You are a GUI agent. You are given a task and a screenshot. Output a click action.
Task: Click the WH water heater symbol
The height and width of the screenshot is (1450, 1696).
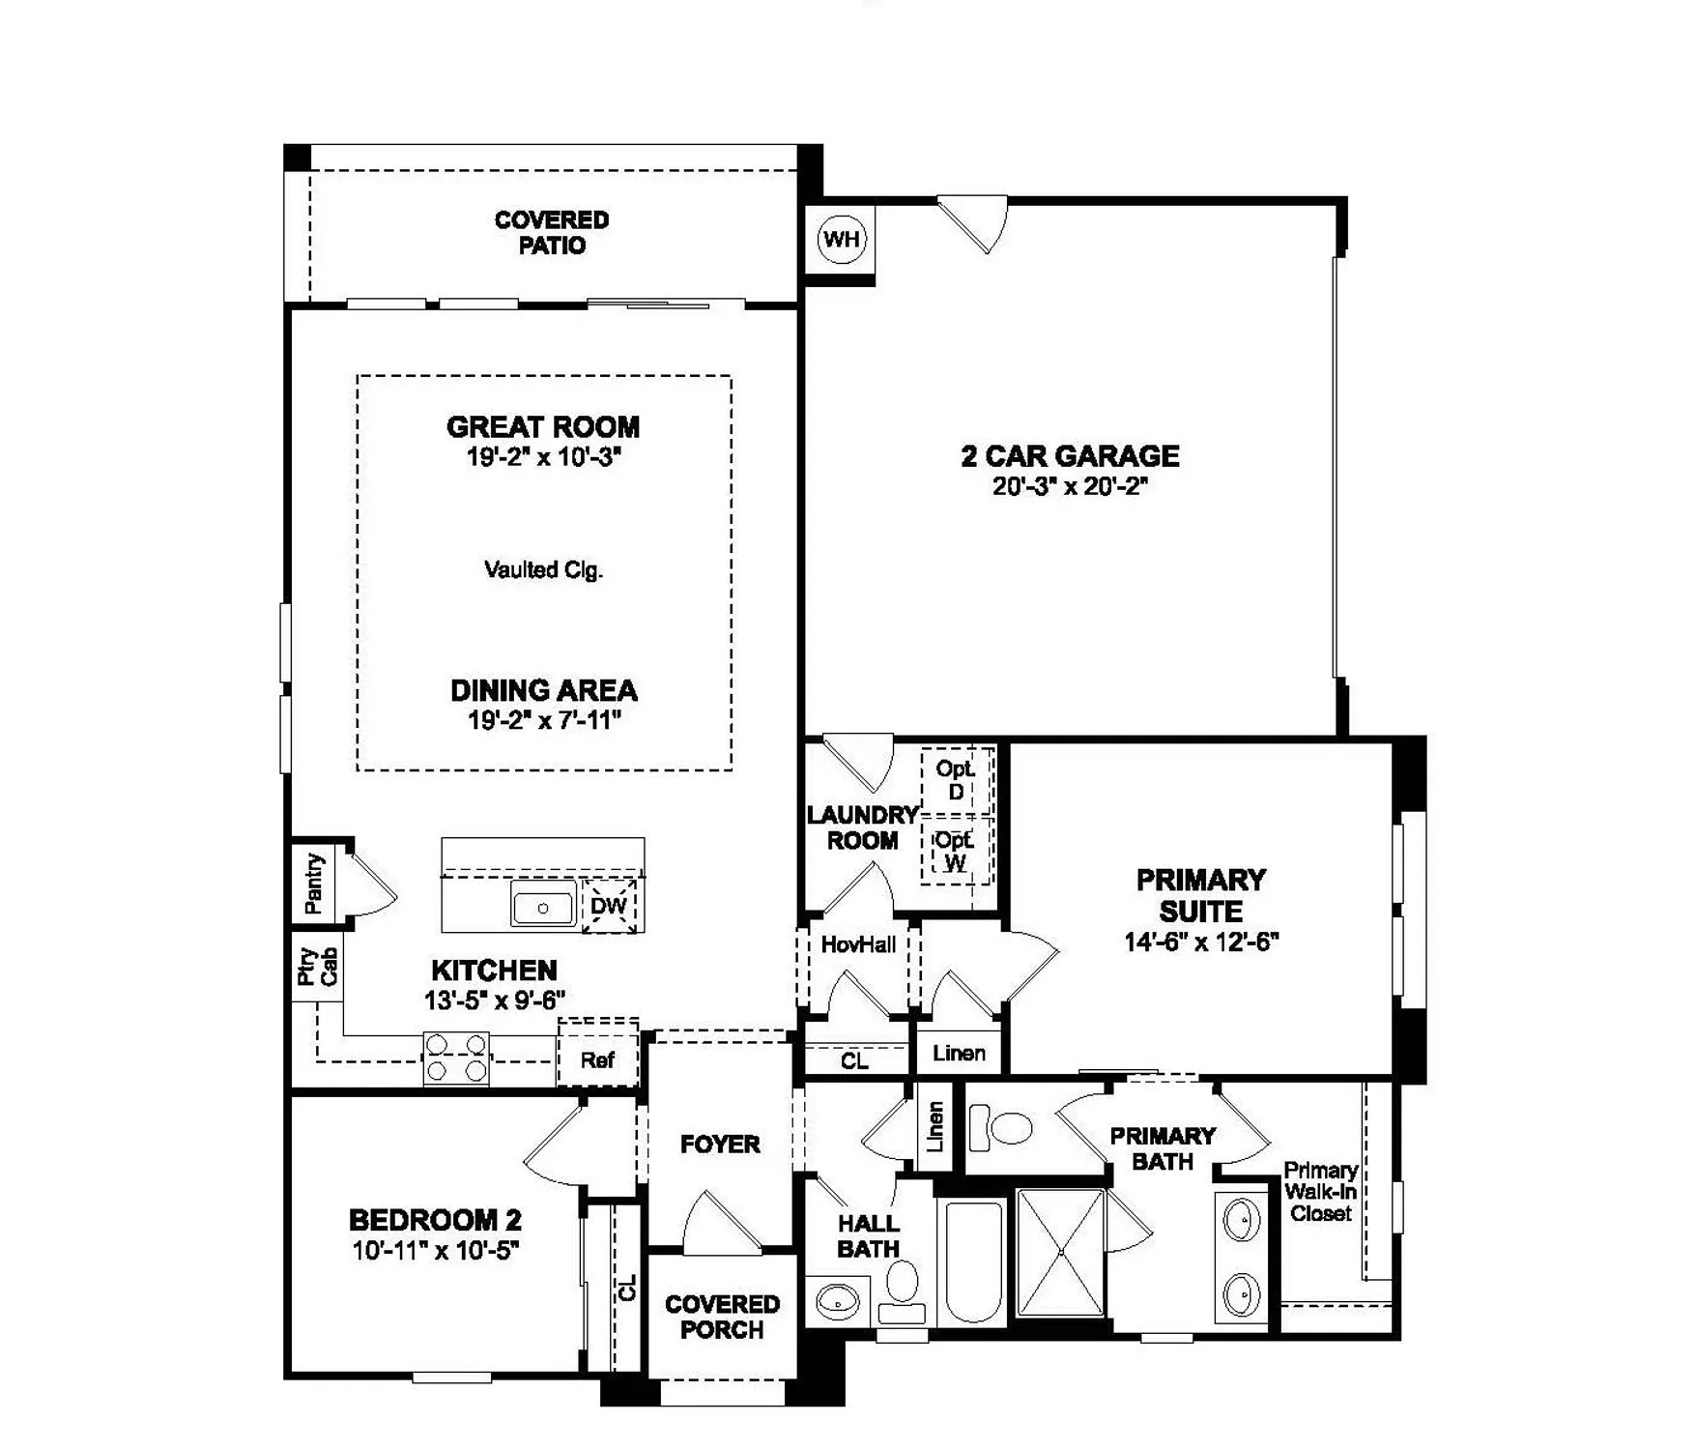(x=842, y=239)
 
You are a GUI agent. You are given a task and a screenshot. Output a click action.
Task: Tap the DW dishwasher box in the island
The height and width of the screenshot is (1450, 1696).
(x=609, y=906)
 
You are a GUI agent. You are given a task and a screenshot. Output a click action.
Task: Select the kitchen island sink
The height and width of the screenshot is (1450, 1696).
(x=543, y=908)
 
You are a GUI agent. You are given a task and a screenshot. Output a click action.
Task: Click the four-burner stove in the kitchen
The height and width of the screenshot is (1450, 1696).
(x=456, y=1058)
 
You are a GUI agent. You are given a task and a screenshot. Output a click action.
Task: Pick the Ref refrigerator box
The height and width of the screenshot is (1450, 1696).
(x=597, y=1060)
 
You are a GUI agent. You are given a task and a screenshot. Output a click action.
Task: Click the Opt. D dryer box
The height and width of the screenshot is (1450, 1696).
(x=956, y=781)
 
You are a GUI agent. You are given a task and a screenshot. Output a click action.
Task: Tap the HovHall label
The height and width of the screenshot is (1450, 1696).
(x=858, y=945)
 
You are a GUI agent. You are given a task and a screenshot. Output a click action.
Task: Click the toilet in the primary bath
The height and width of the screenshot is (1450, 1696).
(x=1002, y=1127)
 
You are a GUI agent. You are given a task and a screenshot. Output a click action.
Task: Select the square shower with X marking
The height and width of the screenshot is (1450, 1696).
(x=1060, y=1252)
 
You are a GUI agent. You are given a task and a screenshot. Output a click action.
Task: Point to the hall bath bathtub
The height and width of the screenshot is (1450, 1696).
(x=972, y=1261)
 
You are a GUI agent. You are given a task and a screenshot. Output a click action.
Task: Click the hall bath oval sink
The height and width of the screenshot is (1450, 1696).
(x=837, y=1301)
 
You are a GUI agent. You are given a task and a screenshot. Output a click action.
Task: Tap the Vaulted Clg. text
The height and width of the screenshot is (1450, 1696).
(x=543, y=570)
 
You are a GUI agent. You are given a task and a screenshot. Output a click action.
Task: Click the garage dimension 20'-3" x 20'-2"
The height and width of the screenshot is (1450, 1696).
(x=1070, y=486)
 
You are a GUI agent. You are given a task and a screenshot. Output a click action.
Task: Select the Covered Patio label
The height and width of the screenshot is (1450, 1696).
(x=552, y=233)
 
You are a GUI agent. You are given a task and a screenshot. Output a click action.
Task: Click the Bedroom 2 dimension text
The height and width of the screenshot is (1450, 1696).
(x=436, y=1251)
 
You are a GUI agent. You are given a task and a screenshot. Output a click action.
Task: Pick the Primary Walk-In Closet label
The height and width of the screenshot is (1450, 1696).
(x=1320, y=1191)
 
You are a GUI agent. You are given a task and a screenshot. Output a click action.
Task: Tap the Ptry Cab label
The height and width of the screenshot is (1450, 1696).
(x=317, y=967)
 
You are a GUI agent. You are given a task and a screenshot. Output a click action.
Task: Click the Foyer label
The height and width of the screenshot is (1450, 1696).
(x=720, y=1145)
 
